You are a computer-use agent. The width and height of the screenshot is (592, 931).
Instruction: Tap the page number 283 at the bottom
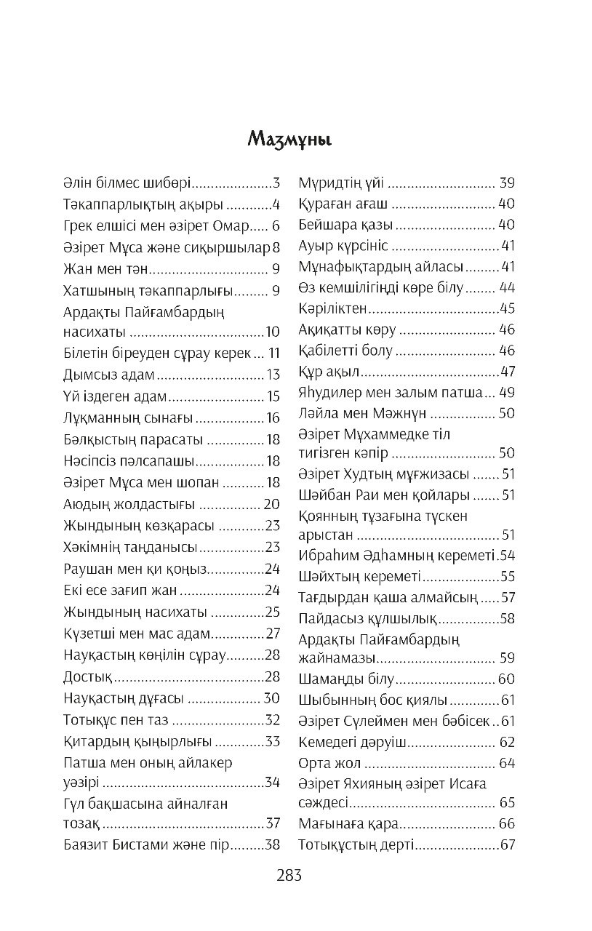[289, 876]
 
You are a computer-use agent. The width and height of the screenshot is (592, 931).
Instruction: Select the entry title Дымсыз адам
[109, 376]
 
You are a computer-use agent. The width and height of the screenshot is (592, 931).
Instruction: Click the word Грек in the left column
[80, 225]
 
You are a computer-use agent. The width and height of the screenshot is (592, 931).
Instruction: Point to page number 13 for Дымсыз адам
[273, 376]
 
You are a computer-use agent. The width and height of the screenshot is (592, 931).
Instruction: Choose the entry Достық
[88, 677]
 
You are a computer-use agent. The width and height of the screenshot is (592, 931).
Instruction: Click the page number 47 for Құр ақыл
[508, 372]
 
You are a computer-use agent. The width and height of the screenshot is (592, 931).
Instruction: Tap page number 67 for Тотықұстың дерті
[508, 845]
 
